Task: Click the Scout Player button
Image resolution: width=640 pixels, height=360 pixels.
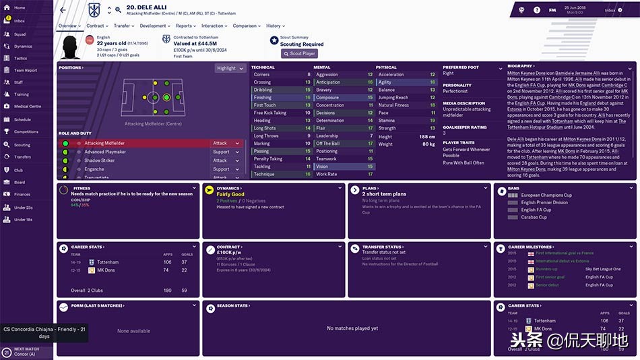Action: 299,53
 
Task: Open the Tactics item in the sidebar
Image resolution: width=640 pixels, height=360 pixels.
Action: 21,58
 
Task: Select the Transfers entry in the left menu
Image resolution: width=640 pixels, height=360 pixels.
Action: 22,156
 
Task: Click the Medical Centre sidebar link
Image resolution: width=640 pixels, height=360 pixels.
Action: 27,107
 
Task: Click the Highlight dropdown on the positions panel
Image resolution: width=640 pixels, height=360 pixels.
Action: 228,68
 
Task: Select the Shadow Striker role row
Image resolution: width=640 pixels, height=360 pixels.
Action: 100,160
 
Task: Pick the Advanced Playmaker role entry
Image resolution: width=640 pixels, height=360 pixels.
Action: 105,152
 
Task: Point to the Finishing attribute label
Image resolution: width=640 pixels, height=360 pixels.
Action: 263,97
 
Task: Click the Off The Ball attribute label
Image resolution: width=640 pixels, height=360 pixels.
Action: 327,144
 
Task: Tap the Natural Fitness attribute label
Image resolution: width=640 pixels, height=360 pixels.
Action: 393,105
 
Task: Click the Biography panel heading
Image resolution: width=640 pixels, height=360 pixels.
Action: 520,67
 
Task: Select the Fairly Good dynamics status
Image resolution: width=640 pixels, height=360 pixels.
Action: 230,194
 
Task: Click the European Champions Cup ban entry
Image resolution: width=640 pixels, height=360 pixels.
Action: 546,196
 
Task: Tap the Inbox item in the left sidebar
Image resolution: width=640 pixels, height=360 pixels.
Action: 20,21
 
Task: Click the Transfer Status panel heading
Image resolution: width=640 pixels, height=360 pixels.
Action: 382,247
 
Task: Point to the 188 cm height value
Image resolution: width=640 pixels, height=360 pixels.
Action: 426,136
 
